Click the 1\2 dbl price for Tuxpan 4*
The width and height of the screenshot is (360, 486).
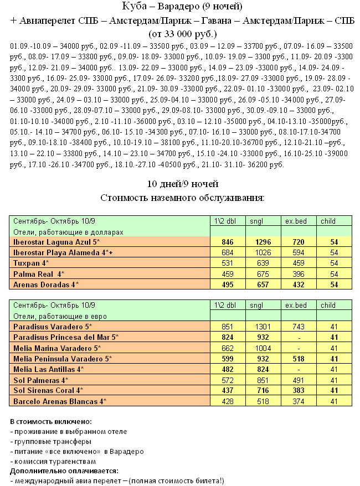227,263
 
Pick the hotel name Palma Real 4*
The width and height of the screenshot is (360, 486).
38,273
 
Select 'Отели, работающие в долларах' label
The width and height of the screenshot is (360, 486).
67,232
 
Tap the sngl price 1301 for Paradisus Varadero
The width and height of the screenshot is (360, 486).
259,327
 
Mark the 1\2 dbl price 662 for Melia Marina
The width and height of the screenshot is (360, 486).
227,348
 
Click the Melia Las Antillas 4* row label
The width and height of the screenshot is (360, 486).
48,369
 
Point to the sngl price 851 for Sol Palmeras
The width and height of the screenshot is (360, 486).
259,379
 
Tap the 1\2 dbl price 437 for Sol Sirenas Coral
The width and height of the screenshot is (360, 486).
227,390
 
